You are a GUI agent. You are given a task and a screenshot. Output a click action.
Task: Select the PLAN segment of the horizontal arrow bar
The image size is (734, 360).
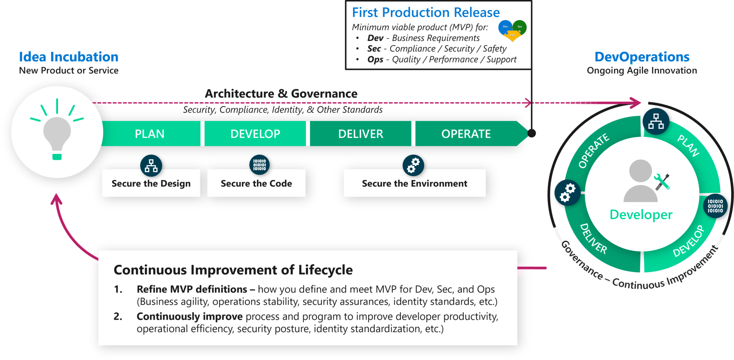150,134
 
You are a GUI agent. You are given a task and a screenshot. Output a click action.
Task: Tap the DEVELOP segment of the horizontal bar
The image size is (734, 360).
255,134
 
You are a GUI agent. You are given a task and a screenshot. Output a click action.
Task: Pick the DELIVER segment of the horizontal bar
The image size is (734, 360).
361,134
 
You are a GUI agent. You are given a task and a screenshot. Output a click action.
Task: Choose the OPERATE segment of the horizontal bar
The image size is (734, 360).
466,134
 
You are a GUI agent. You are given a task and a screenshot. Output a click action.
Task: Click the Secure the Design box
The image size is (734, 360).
151,183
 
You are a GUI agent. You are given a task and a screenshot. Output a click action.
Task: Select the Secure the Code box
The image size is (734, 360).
256,183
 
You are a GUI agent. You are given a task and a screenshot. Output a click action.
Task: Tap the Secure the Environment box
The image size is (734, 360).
415,183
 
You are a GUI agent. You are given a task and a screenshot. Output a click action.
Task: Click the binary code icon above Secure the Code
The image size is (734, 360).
259,165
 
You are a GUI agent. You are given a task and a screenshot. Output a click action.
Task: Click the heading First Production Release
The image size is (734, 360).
426,13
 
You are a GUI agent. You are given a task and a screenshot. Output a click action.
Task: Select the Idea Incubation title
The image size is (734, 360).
69,57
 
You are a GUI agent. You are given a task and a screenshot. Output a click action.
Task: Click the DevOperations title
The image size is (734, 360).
642,57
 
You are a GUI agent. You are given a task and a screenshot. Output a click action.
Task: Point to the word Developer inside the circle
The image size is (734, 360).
641,215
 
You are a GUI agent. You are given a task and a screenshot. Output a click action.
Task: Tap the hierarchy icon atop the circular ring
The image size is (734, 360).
656,121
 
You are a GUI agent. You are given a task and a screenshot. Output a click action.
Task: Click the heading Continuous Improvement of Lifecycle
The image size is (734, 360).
233,270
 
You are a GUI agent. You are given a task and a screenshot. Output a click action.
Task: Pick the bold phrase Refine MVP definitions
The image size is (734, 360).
192,289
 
